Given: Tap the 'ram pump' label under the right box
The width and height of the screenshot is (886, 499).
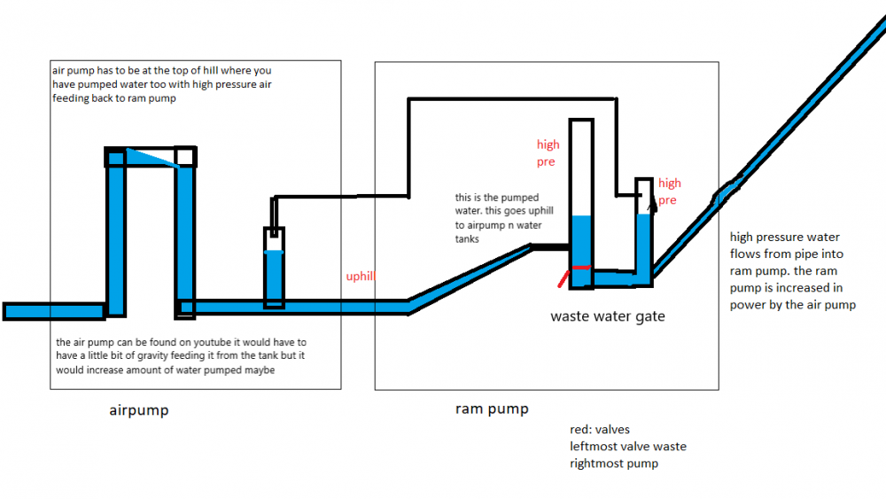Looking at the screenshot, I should coord(492,409).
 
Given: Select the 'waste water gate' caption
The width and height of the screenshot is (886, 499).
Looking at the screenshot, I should coord(607,316).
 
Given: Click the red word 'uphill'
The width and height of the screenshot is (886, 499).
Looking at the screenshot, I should coord(361,277).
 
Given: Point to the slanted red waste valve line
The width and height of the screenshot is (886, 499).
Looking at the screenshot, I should coord(563,278).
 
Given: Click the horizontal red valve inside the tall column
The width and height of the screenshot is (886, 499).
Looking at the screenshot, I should coord(581,267).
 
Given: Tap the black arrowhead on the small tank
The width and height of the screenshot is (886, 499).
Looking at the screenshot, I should coord(653,201).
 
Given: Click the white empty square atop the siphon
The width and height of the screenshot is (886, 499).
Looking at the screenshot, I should coord(184,157).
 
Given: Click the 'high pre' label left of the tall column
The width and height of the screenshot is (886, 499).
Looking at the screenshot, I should coord(548,153).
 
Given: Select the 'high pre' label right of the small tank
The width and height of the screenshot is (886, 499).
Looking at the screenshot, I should coord(669,191).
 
